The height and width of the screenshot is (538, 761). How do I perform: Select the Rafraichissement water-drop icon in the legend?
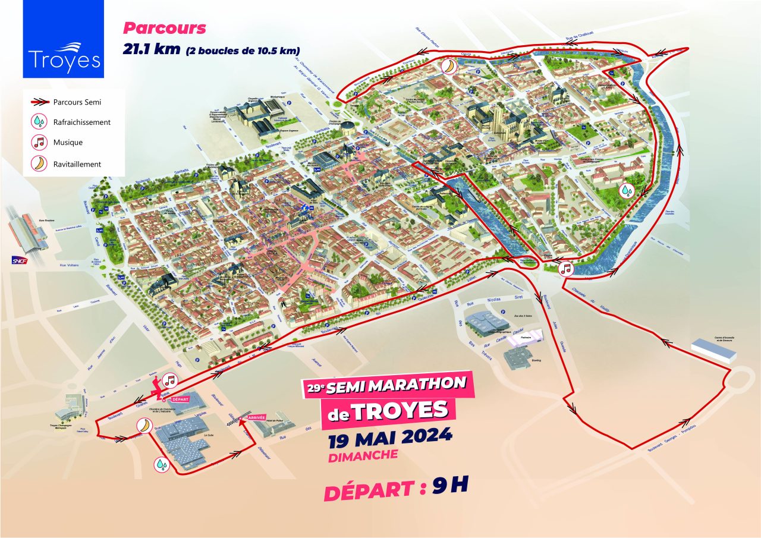(39, 122)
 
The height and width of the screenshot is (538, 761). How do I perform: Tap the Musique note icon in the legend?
(39, 143)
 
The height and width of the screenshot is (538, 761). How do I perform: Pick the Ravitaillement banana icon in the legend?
(39, 164)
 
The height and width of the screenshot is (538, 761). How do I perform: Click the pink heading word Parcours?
(164, 28)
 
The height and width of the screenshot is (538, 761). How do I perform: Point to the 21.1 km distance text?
(152, 49)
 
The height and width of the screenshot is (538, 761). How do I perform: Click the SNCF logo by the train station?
(20, 260)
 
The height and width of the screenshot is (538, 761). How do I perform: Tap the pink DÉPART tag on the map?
(179, 399)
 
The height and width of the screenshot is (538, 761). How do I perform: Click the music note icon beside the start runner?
(171, 379)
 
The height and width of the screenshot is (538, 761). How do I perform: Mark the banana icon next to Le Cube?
(144, 425)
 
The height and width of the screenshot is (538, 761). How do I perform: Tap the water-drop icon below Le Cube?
(162, 464)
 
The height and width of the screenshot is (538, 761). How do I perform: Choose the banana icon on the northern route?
(449, 65)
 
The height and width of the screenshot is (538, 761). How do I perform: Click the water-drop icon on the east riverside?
(627, 191)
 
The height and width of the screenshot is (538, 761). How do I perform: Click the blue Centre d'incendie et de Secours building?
(713, 349)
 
